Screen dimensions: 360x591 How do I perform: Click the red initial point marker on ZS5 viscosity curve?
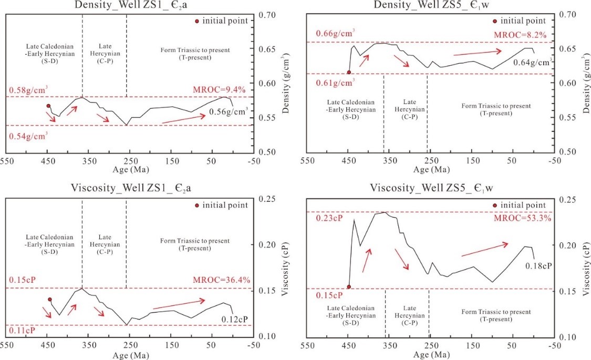348,287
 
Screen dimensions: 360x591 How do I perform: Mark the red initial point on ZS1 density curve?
48,106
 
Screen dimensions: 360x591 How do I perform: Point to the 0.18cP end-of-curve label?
538,266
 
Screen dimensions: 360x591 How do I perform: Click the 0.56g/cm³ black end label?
229,111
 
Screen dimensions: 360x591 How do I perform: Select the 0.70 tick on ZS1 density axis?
267,15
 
